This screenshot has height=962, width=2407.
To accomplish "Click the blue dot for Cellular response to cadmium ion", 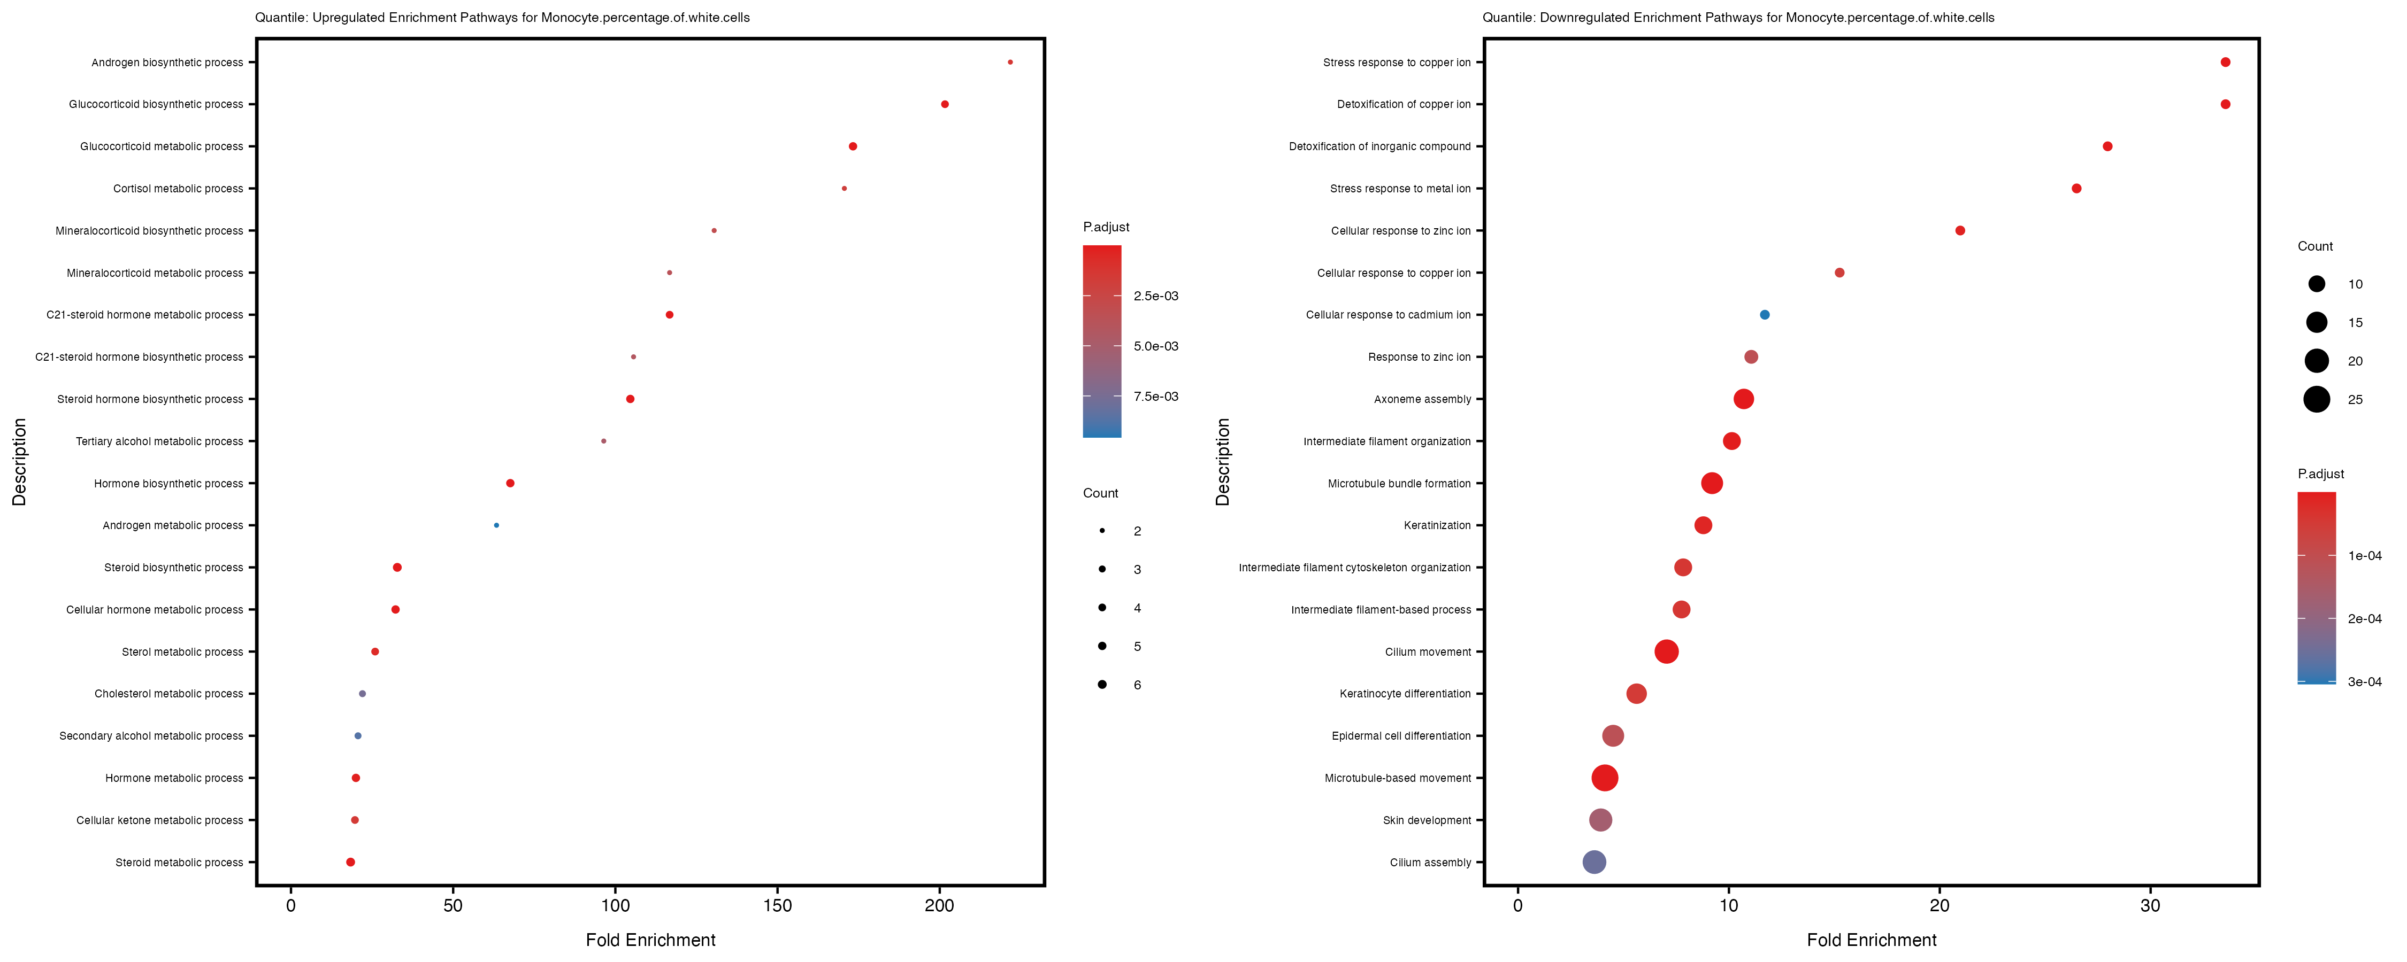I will [1764, 315].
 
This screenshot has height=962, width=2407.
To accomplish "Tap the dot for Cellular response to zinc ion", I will [1959, 231].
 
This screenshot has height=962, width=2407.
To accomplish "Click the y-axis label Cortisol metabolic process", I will [178, 189].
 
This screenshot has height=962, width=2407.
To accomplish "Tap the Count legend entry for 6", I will [1102, 685].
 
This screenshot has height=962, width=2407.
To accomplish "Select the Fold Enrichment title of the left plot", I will [650, 940].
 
